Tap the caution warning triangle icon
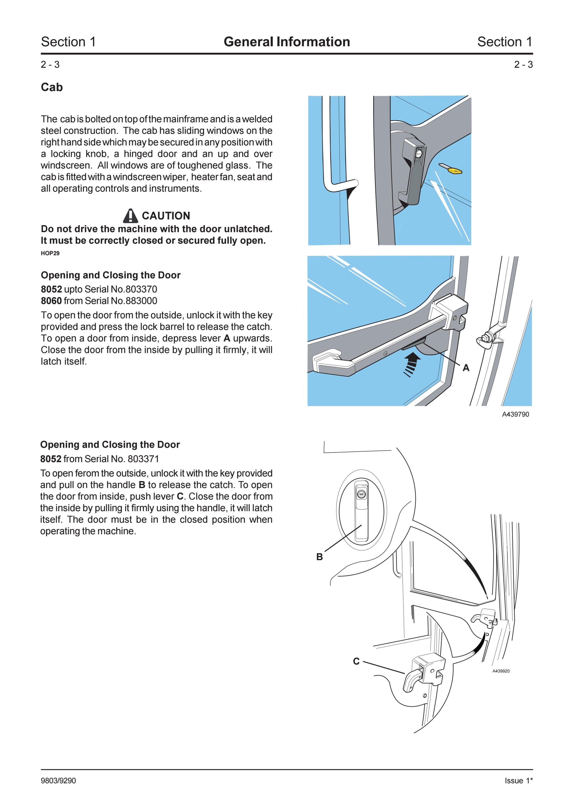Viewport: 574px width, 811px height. tap(131, 215)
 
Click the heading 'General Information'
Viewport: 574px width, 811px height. tap(287, 42)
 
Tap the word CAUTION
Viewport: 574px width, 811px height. tap(166, 215)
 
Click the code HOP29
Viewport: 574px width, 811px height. tap(50, 253)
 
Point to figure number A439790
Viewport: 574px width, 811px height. tap(516, 414)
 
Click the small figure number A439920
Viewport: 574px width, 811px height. tap(501, 671)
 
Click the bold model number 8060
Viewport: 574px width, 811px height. tap(51, 301)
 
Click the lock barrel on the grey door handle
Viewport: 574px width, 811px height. tap(419, 154)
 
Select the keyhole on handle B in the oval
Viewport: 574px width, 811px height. tap(361, 495)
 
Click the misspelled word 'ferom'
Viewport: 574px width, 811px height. tap(86, 473)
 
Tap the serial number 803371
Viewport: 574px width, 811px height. tap(143, 459)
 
